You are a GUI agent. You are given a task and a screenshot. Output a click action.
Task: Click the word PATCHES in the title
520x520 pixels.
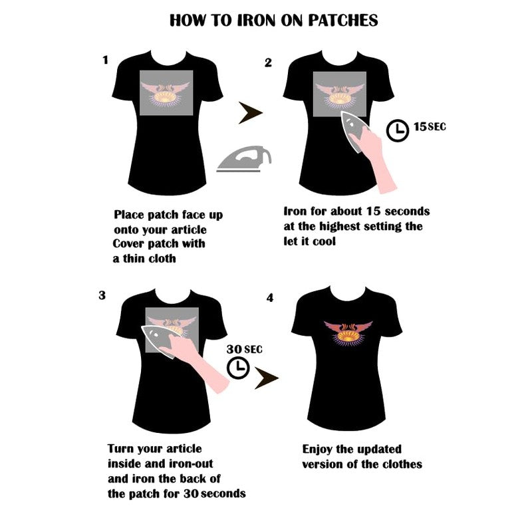tap(343, 21)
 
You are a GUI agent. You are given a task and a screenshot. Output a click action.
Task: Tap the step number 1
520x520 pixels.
tap(106, 60)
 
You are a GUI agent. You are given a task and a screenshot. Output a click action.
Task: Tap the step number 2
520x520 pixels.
tap(268, 63)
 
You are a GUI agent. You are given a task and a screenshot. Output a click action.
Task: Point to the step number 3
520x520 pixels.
tap(102, 295)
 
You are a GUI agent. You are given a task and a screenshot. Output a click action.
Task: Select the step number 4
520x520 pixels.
tap(270, 298)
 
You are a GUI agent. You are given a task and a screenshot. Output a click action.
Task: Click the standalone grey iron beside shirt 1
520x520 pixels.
tap(244, 159)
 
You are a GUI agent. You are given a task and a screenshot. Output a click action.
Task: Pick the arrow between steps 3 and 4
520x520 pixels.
tap(266, 378)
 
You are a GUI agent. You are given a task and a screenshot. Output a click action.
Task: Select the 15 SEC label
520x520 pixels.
tap(430, 127)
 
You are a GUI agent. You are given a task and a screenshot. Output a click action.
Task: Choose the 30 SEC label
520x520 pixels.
tap(245, 349)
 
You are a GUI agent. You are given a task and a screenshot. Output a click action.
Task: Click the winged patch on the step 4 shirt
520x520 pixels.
tap(348, 333)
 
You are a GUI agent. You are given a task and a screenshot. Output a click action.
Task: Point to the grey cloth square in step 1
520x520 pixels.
tap(166, 93)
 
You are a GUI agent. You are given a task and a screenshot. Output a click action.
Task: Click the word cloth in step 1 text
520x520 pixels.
tap(162, 259)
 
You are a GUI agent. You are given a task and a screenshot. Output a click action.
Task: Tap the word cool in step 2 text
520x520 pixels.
tap(324, 241)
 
